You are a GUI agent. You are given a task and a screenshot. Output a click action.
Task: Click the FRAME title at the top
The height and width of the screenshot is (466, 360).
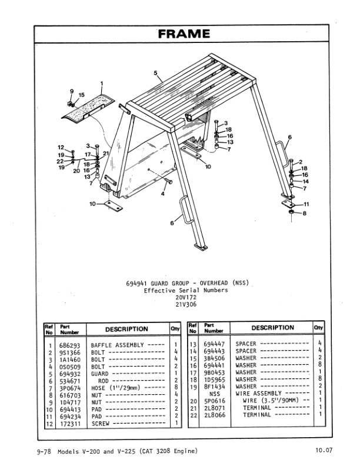(184, 34)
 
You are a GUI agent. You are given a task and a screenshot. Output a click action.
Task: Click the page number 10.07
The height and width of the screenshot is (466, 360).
(324, 451)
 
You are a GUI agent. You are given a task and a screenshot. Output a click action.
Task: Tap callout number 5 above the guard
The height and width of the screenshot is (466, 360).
(156, 73)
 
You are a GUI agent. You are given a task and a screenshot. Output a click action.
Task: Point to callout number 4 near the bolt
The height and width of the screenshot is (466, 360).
(162, 192)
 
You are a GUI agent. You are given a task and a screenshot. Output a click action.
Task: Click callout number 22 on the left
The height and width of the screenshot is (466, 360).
(60, 161)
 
